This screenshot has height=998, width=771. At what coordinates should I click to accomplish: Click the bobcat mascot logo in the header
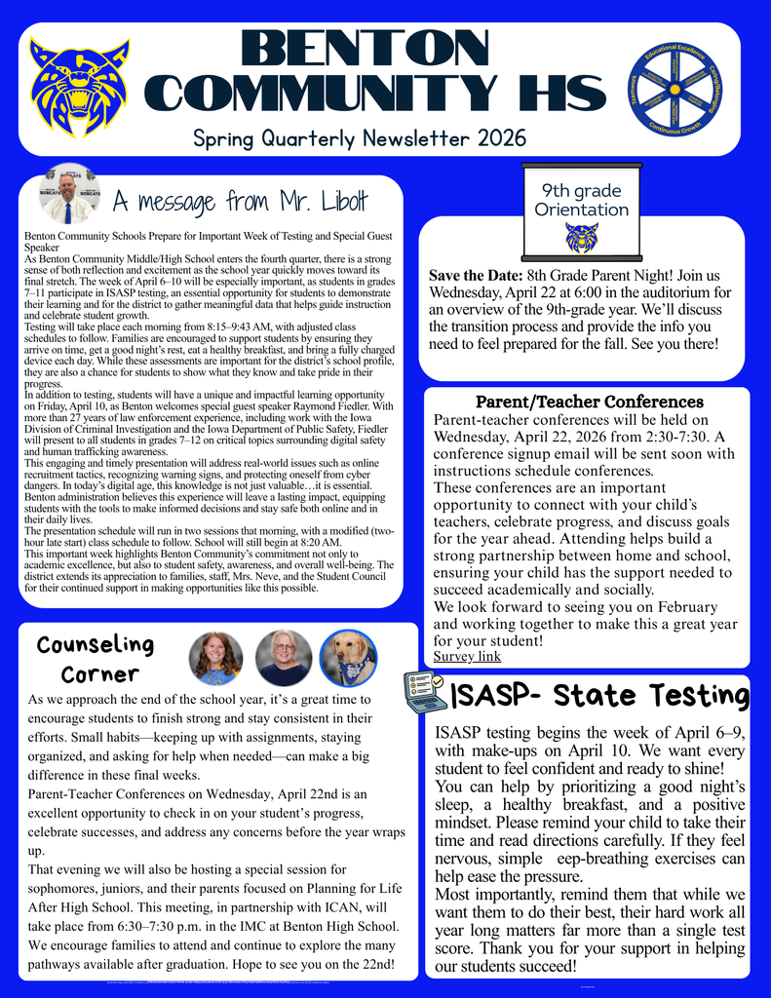(79, 87)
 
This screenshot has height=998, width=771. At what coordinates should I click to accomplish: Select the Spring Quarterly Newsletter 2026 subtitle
(360, 138)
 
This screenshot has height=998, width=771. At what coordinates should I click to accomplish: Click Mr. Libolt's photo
(67, 194)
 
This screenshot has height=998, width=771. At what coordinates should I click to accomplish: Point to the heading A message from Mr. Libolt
(240, 202)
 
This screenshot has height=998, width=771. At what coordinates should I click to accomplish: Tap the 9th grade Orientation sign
(582, 200)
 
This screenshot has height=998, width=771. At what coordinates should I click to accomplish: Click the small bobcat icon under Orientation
(582, 237)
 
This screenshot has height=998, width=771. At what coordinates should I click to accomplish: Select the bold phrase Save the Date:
(475, 276)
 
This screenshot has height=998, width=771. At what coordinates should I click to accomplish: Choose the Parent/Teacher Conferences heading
(589, 402)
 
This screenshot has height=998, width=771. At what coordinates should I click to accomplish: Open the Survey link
(467, 656)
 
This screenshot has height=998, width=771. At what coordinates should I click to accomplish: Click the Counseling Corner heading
(96, 659)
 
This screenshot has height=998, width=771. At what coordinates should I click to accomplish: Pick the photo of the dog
(348, 658)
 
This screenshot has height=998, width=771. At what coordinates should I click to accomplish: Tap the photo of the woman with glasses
(284, 658)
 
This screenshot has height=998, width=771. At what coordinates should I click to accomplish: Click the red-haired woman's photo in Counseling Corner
(215, 658)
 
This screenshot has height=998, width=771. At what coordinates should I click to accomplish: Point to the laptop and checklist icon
(425, 691)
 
